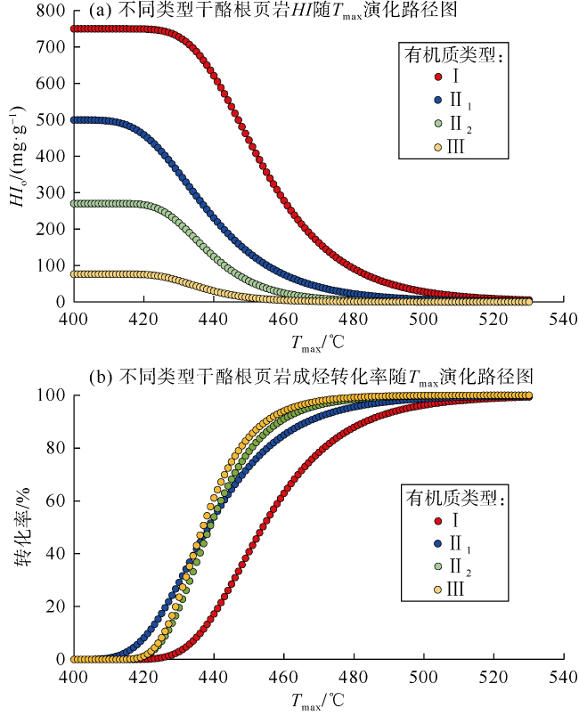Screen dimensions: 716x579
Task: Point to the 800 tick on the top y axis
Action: click(53, 10)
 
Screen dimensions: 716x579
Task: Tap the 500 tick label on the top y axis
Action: click(53, 119)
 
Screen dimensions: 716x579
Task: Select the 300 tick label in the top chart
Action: click(53, 192)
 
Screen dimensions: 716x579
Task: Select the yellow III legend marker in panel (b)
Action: click(436, 589)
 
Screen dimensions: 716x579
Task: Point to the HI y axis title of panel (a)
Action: click(17, 157)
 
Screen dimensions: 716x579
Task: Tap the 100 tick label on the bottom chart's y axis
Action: click(53, 395)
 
